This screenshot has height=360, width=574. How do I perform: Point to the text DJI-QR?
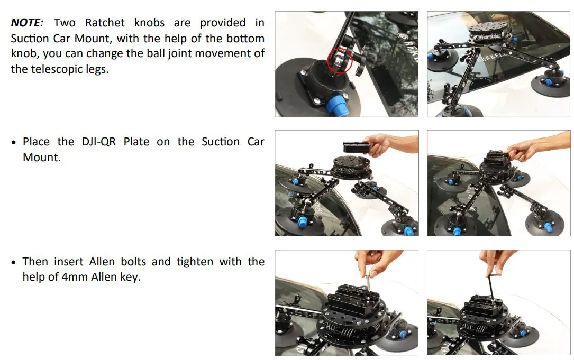pos(99,142)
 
